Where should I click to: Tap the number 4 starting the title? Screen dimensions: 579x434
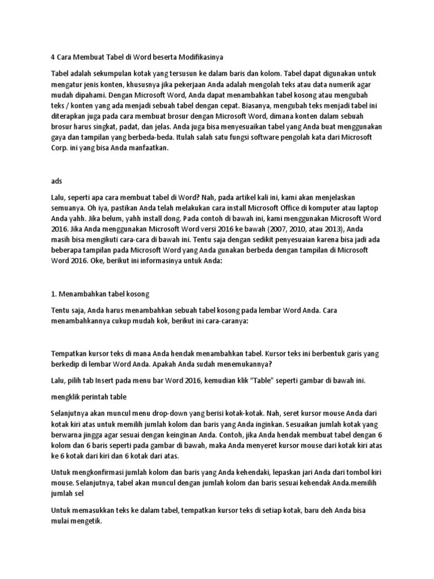[x=53, y=57]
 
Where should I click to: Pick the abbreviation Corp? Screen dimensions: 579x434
[x=61, y=148]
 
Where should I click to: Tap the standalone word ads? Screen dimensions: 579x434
[x=57, y=181]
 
